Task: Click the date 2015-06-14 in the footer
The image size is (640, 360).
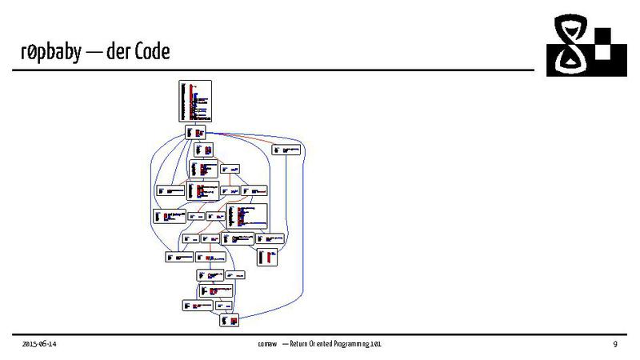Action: point(39,343)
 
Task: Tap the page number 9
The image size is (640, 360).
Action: point(614,343)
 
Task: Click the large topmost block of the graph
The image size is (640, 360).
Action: point(195,101)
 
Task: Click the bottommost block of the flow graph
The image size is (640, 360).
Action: point(230,320)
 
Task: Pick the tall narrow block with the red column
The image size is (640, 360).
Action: point(268,256)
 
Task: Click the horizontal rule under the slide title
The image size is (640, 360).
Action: point(272,70)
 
